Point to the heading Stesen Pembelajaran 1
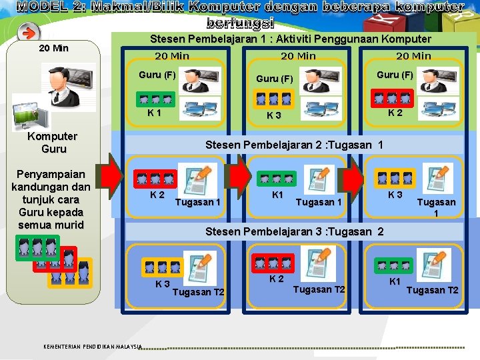click(x=291, y=39)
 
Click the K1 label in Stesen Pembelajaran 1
click(x=154, y=113)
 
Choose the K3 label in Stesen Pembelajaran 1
click(x=273, y=115)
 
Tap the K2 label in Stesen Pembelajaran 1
click(x=395, y=113)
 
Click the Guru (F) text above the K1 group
click(x=157, y=75)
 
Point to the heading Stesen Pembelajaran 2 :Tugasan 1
click(x=294, y=145)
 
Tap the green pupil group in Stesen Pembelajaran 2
click(x=275, y=179)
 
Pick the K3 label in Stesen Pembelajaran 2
click(x=395, y=195)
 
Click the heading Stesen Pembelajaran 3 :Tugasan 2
click(x=294, y=231)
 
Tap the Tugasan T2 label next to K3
click(x=198, y=292)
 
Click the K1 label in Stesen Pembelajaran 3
click(x=395, y=281)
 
